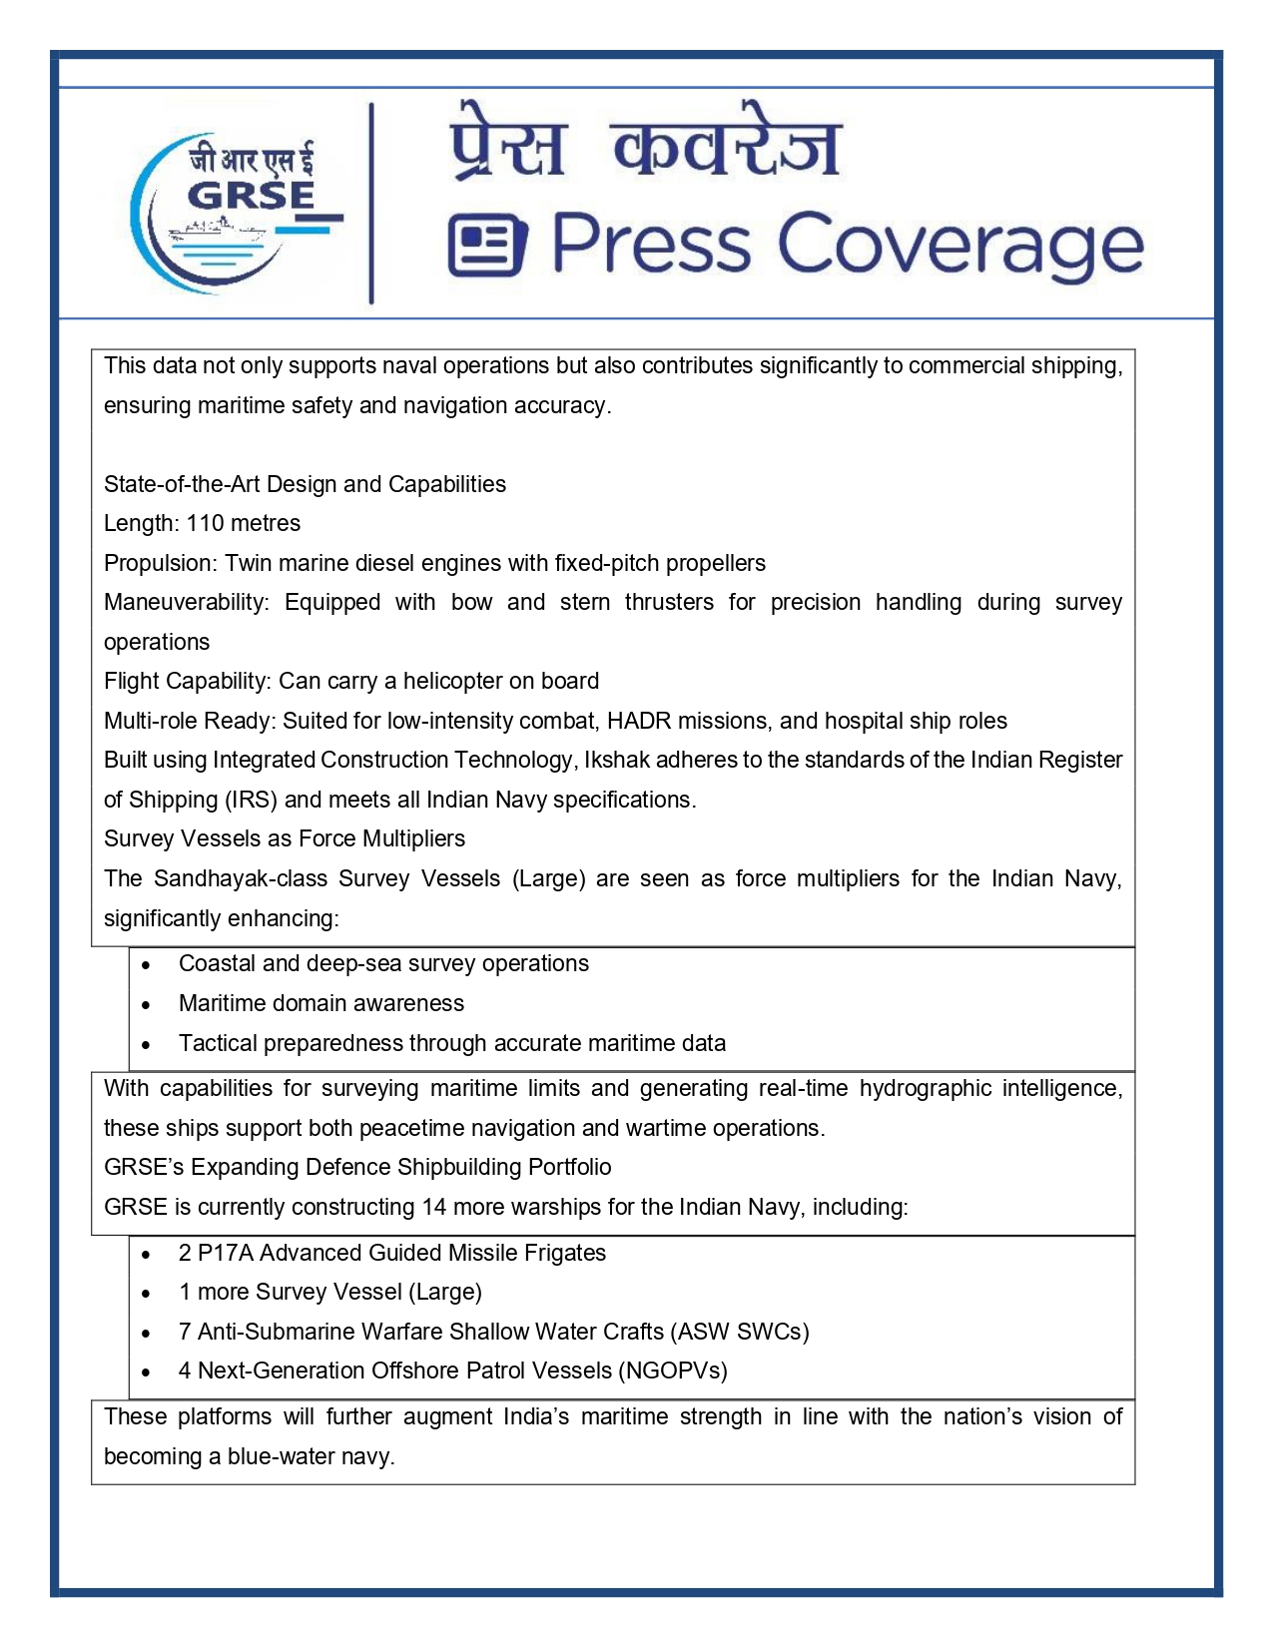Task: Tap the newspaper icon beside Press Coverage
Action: coord(487,246)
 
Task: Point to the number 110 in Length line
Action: coord(205,523)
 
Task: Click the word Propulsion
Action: coord(159,563)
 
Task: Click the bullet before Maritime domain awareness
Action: coord(147,1005)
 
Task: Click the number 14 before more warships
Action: coord(433,1207)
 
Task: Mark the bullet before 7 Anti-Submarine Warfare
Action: coord(147,1334)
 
